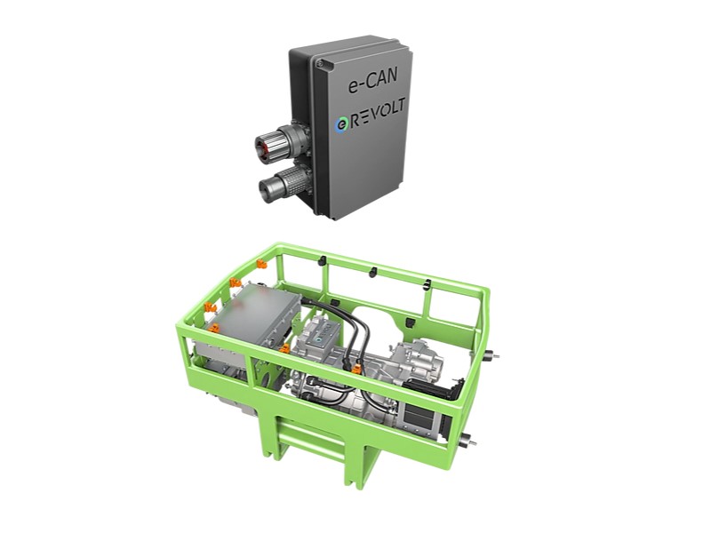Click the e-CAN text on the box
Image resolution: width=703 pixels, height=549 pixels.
click(x=372, y=82)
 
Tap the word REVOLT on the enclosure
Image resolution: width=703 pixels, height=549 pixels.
click(x=378, y=114)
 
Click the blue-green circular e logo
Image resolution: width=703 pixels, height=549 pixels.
click(x=341, y=124)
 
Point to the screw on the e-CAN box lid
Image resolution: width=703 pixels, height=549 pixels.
click(x=320, y=64)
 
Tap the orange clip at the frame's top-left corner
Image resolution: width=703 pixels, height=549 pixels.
click(x=262, y=265)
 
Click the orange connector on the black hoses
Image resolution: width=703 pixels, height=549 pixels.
click(x=356, y=370)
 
